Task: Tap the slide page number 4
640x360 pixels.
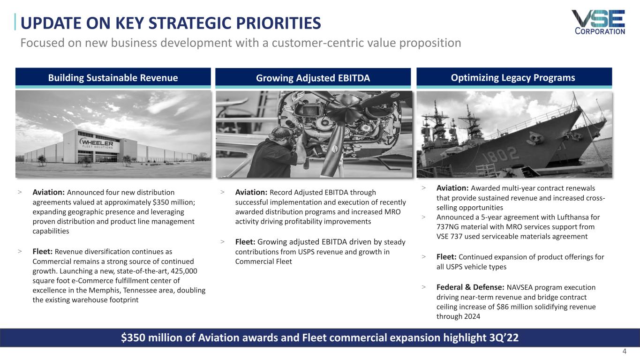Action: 624,351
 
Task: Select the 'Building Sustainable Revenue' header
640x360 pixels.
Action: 113,78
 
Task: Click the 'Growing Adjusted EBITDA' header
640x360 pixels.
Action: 313,78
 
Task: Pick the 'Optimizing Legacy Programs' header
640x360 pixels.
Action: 514,78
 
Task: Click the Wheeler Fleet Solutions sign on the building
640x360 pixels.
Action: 97,143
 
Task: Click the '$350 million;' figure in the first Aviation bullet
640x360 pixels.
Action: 173,202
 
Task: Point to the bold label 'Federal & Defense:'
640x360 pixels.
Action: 470,287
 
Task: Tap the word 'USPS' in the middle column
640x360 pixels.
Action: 306,252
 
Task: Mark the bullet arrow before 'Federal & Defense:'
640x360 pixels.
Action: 423,287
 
